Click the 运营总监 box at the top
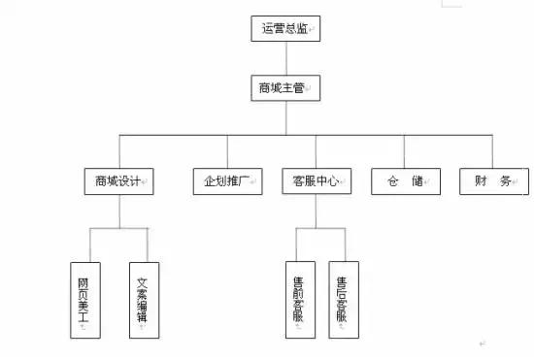pos(285,29)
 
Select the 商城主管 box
pos(284,88)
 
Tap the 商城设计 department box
pos(119,181)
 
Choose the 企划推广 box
pos(227,181)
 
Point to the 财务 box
pos(494,181)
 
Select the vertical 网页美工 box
pos(85,300)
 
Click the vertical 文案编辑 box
pos(144,300)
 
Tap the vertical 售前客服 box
pos(301,300)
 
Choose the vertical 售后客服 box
pos(344,300)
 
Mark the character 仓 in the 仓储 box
pos(392,181)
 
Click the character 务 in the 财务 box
pos(507,181)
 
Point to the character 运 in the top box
pos(268,29)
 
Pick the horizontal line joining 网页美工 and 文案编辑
pos(117,229)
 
